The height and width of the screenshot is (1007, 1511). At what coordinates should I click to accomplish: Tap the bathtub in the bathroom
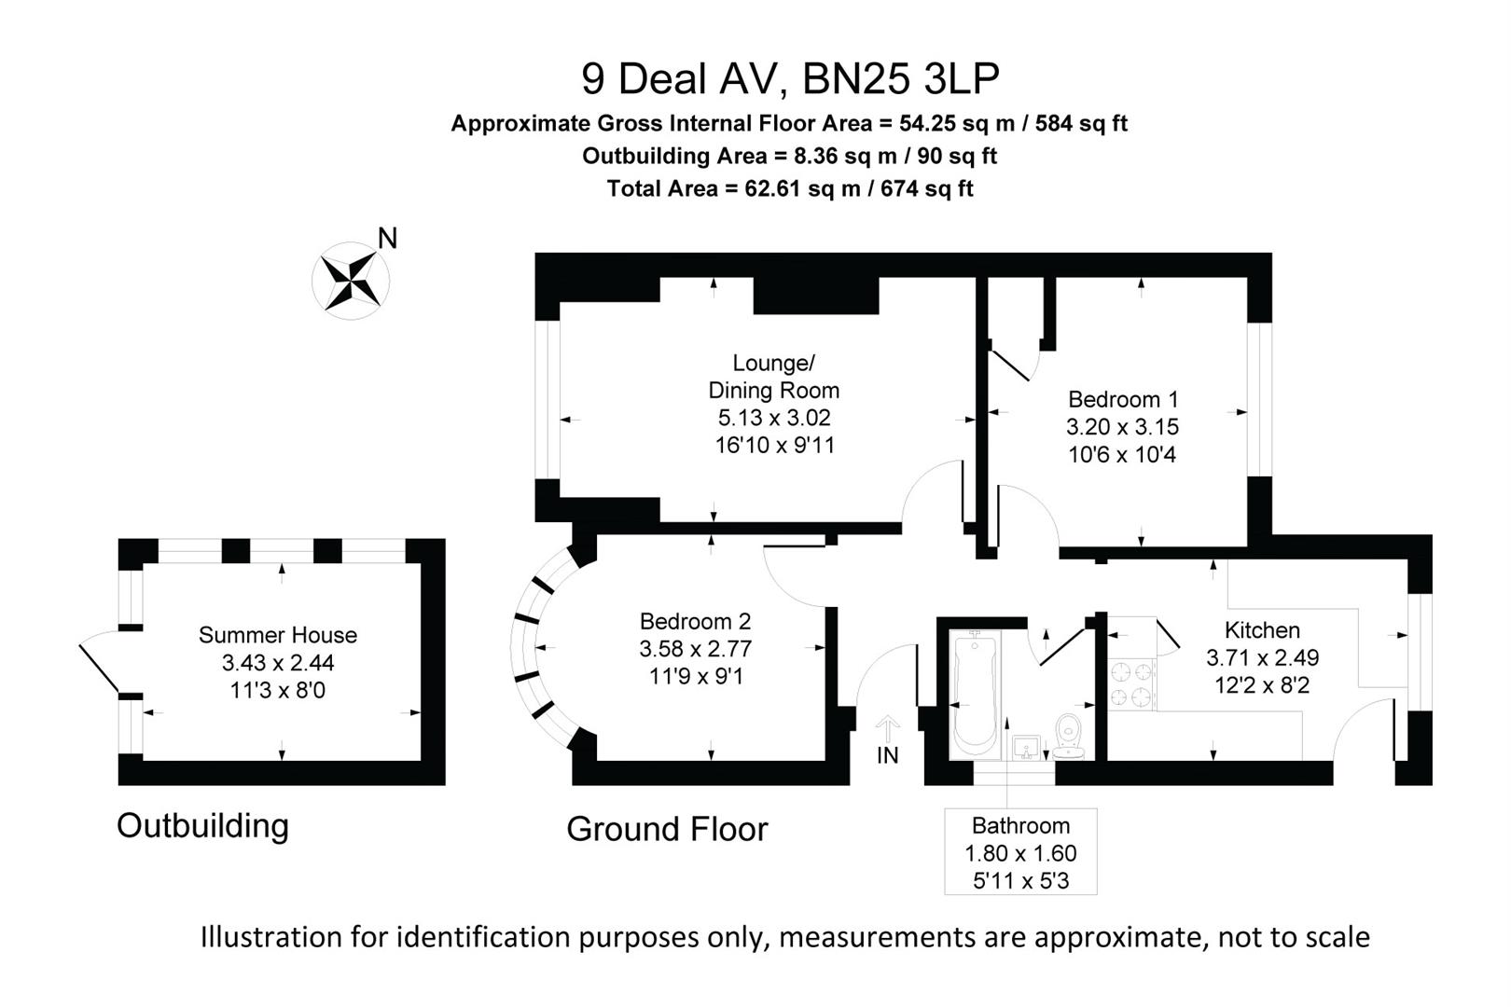(x=975, y=695)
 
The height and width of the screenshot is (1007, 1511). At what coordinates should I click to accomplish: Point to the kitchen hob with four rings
(x=1131, y=683)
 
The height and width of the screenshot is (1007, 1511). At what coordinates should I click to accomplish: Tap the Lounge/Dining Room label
(x=773, y=377)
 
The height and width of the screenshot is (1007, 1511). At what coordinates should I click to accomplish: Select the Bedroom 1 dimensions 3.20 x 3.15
(x=1122, y=427)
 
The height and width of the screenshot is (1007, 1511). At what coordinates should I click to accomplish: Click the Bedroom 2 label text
(x=695, y=621)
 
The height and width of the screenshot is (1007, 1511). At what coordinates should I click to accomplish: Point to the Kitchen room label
(x=1261, y=629)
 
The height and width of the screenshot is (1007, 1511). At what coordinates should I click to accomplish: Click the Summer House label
(x=278, y=635)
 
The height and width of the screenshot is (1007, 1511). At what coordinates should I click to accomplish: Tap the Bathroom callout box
(x=1020, y=851)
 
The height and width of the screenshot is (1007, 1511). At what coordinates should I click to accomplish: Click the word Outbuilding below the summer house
(x=202, y=825)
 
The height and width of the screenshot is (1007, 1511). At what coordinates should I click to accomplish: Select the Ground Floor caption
(x=667, y=829)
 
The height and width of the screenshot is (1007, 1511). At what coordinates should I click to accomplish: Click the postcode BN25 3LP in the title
(x=901, y=78)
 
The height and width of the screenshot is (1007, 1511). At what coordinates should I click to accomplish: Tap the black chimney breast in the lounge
(x=815, y=296)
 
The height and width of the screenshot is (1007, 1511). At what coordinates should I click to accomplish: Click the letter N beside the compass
(x=387, y=239)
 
